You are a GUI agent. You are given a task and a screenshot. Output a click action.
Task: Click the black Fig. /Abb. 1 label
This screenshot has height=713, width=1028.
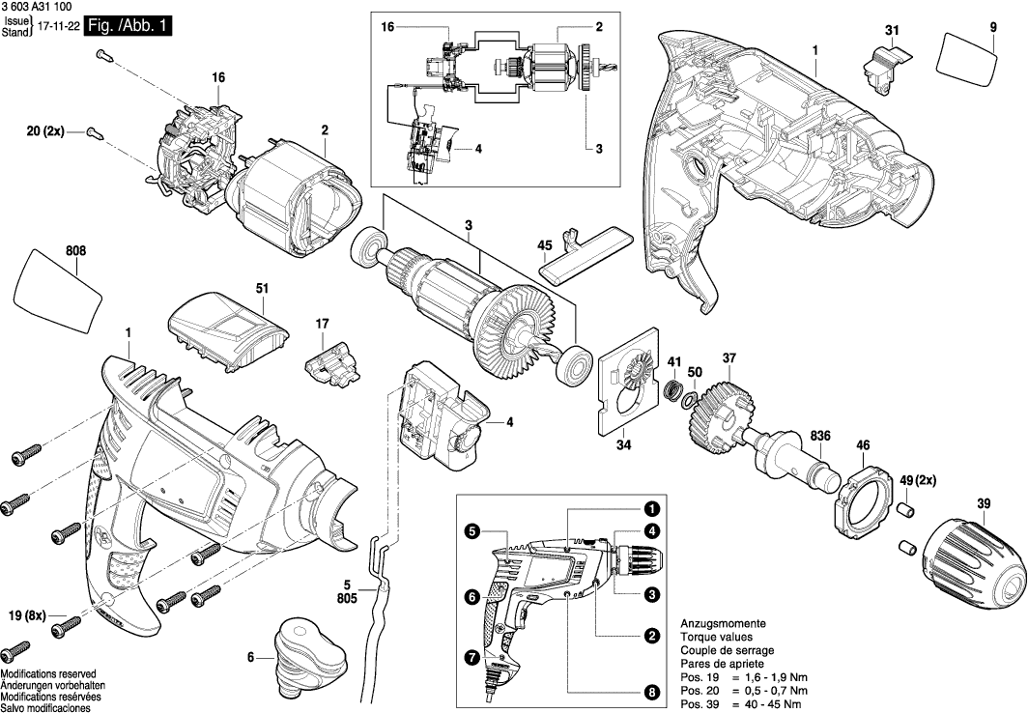tap(128, 27)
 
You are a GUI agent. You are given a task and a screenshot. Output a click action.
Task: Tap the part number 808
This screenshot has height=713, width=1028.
tap(76, 251)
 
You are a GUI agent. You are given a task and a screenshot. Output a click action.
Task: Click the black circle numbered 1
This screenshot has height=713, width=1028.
tap(652, 509)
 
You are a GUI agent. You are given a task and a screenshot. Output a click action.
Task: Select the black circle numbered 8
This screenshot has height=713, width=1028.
tap(652, 692)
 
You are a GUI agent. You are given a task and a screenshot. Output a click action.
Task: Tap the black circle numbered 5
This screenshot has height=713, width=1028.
tap(472, 530)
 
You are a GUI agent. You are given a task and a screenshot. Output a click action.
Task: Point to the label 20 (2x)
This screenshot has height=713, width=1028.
tap(44, 129)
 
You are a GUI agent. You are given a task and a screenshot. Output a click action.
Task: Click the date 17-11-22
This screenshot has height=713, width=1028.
tap(57, 31)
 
